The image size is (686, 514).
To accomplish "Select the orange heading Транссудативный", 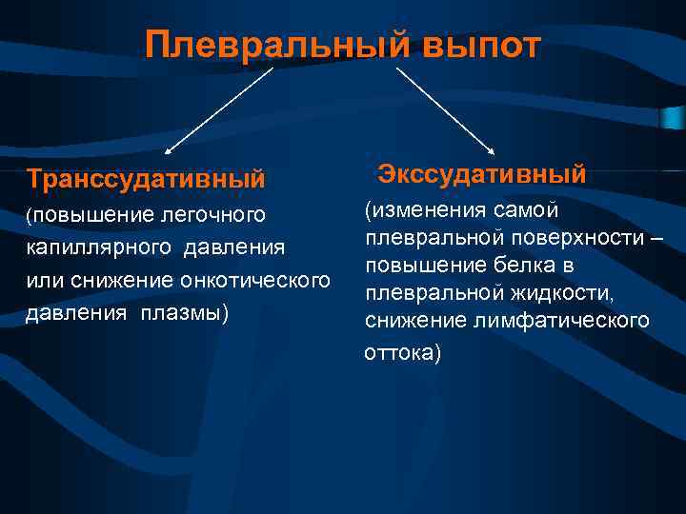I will (x=145, y=178).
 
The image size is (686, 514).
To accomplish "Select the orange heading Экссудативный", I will (x=481, y=174).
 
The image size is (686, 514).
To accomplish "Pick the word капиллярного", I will (x=89, y=249).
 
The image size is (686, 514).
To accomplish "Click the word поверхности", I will (x=577, y=238).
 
